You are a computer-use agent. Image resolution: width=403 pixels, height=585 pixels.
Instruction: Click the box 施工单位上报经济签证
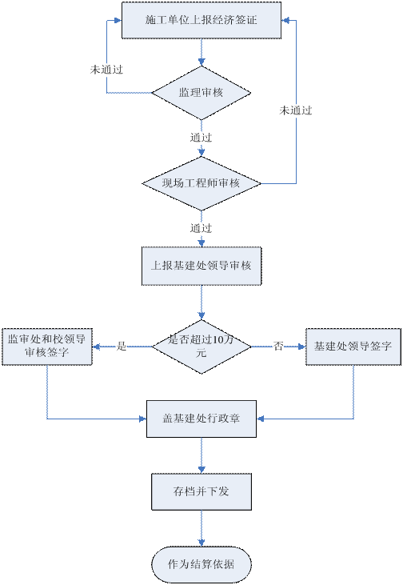(201, 20)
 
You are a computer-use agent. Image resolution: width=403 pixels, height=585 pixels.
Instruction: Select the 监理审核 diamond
(201, 93)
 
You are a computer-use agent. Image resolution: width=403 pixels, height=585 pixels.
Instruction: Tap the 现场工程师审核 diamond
(201, 183)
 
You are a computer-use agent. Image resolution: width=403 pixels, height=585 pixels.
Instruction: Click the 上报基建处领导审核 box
(201, 266)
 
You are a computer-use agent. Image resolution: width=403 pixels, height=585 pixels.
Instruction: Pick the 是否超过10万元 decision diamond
(201, 347)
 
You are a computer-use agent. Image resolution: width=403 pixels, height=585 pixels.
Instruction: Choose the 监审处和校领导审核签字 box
(47, 347)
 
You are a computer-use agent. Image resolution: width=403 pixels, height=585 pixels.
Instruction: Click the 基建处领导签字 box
(353, 347)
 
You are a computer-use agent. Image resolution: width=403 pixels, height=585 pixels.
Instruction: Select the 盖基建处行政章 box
(201, 419)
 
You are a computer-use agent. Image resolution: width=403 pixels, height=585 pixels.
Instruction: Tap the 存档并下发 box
(201, 491)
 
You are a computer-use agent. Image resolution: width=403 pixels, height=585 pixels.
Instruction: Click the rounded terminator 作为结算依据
(201, 564)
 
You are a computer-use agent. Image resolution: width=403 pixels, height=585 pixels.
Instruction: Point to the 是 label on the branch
(122, 347)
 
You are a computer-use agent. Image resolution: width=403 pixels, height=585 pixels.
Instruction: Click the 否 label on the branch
(278, 347)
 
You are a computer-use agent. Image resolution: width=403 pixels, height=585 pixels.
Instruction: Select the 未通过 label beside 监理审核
(106, 70)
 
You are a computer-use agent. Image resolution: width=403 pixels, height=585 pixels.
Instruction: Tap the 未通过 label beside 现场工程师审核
(296, 110)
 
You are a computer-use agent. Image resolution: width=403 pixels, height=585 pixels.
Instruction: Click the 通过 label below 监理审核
(201, 138)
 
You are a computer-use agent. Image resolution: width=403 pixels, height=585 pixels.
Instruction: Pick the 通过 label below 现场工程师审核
(201, 228)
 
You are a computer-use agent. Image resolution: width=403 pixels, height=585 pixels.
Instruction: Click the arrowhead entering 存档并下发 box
(201, 470)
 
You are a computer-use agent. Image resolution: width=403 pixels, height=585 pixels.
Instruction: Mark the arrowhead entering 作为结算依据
(201, 543)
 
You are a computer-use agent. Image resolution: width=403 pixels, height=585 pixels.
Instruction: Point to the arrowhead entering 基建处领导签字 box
(302, 347)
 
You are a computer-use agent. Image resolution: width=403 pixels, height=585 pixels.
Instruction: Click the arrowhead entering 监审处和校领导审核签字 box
(96, 347)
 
